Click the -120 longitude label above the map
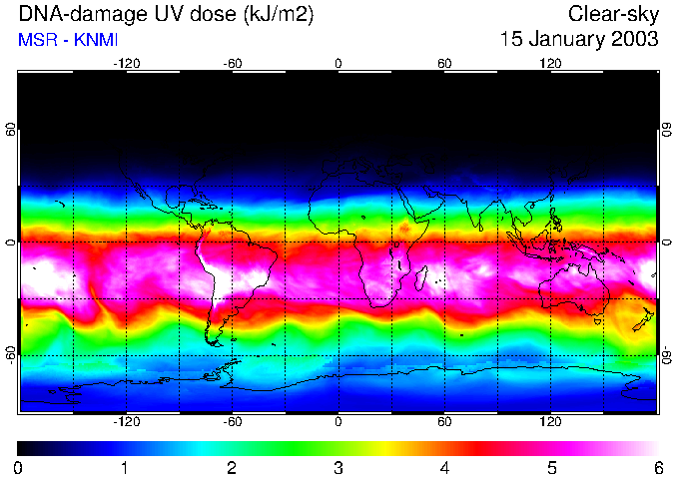pos(126,63)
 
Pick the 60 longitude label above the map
pos(444,63)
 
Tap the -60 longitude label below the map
pos(232,421)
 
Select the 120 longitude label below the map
pos(550,421)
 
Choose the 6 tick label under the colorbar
pos(657,467)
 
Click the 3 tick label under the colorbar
pos(338,467)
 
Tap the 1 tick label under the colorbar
pos(125,467)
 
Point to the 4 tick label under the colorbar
pos(444,467)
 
